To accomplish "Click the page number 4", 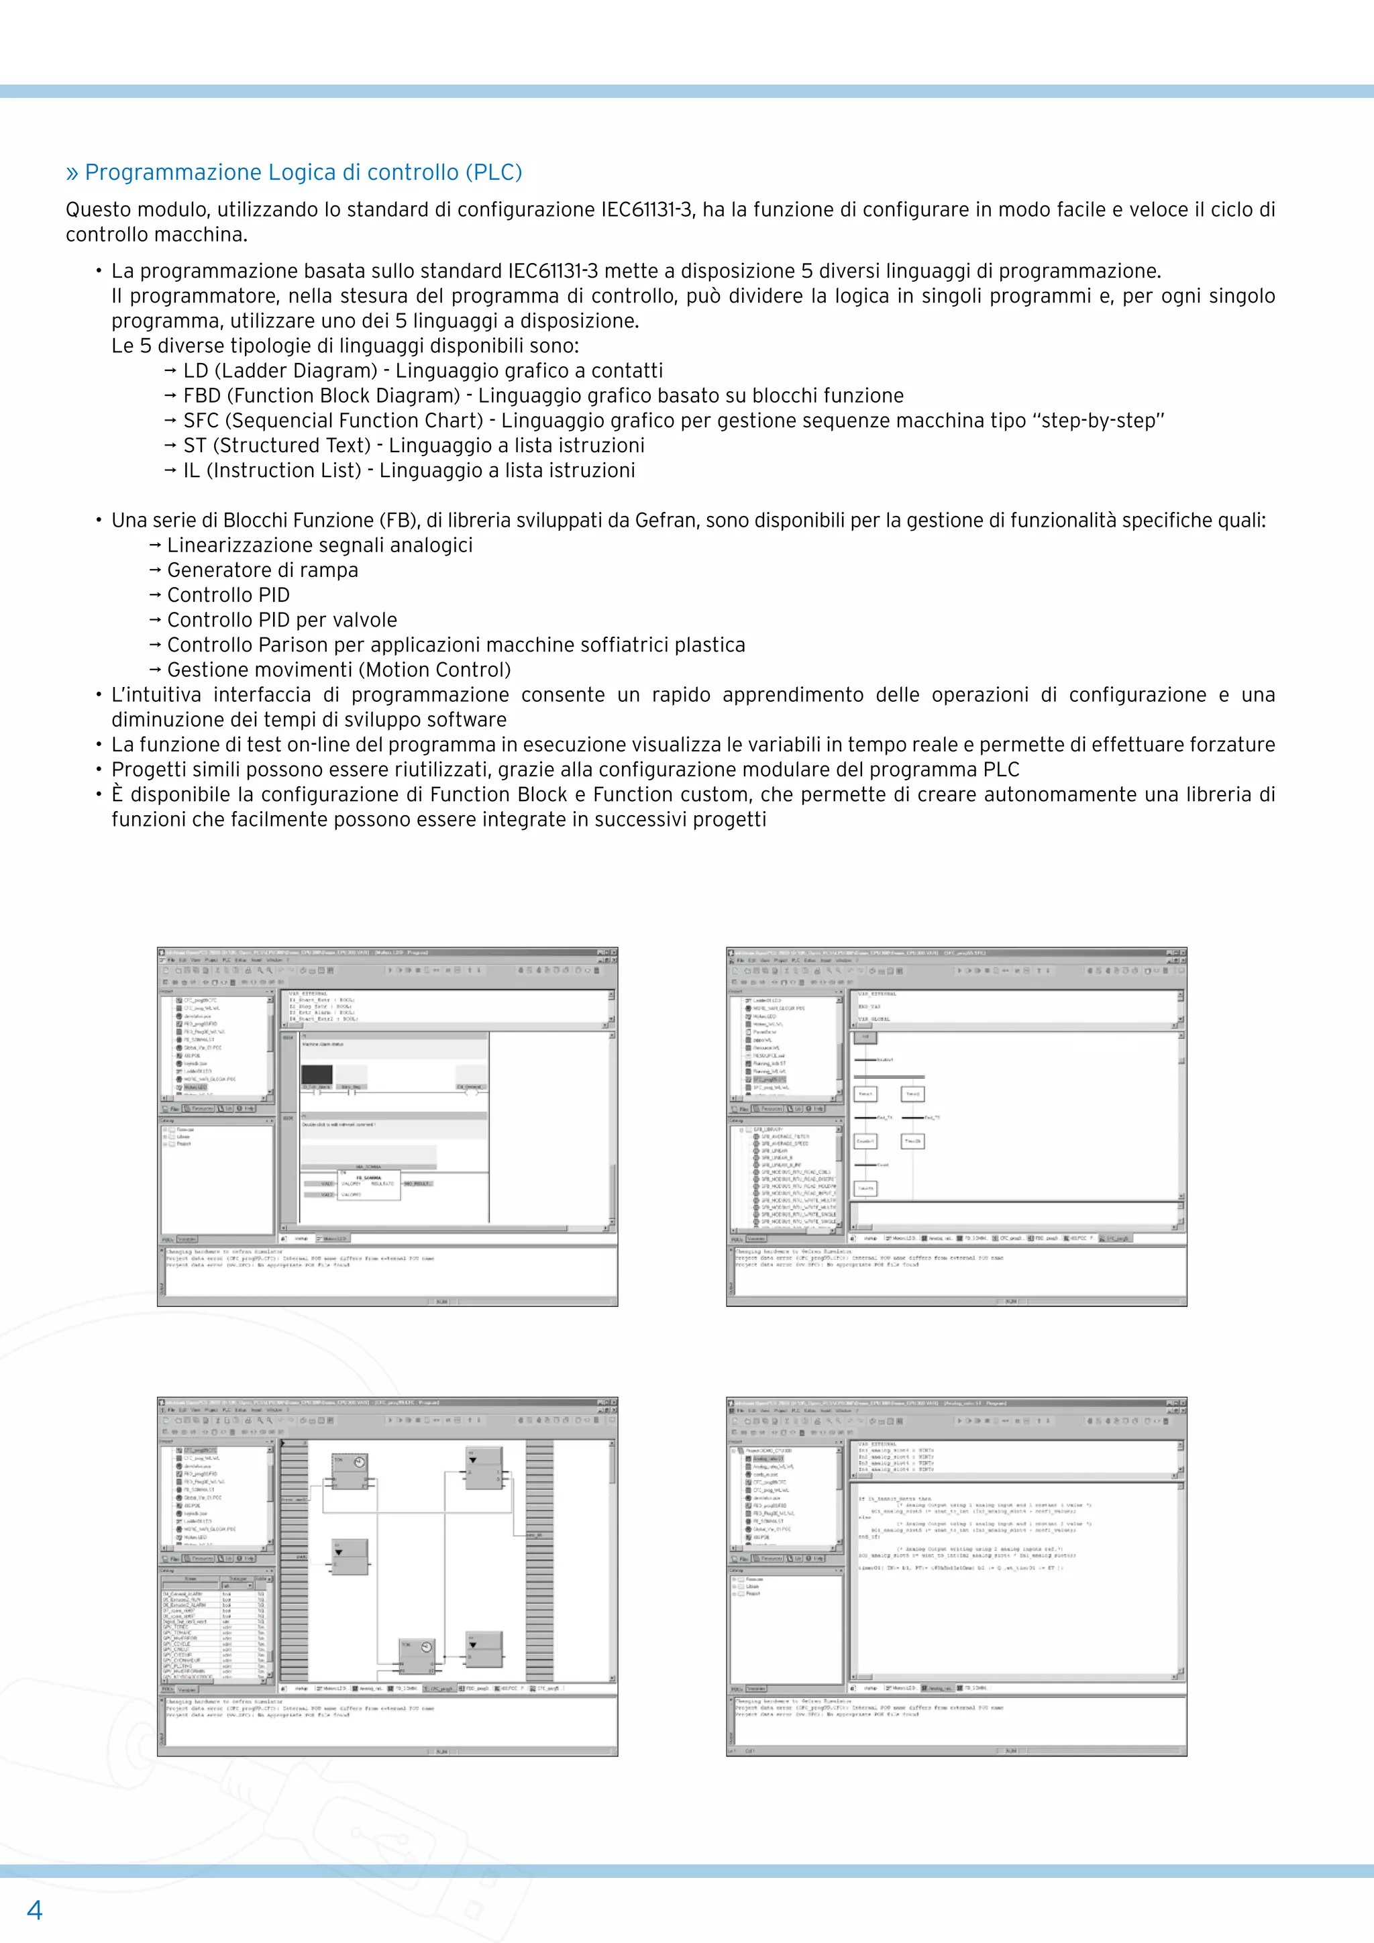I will (x=35, y=1909).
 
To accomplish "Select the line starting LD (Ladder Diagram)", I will (x=423, y=370).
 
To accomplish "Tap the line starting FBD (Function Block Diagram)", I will (x=543, y=395).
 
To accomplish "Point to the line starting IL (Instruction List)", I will (x=409, y=470).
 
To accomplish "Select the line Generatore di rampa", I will (x=262, y=570).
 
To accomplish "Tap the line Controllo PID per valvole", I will (x=282, y=621).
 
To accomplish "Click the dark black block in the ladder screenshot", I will (x=317, y=1075).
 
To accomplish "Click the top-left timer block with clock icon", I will (x=349, y=1471).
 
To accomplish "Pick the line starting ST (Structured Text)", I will (x=414, y=446).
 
